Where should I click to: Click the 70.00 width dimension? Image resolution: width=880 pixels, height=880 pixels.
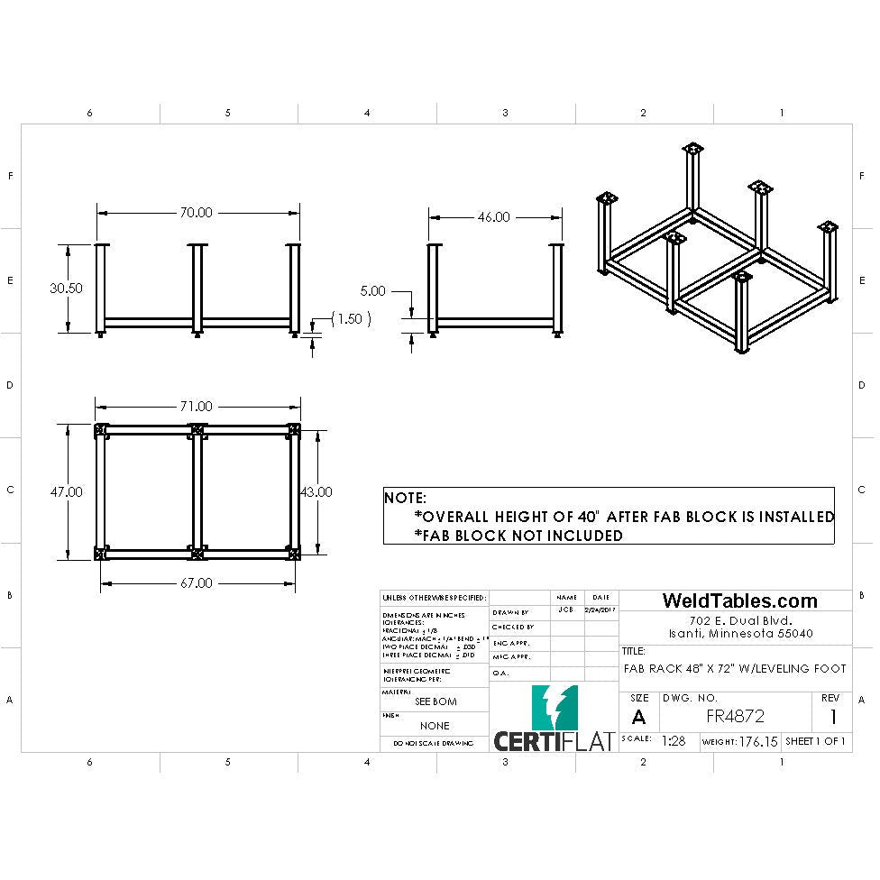196,213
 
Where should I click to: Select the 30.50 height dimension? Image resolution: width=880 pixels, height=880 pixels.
66,289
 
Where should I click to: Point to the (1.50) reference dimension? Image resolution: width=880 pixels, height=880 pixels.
352,319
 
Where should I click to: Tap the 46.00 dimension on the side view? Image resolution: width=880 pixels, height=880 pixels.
493,217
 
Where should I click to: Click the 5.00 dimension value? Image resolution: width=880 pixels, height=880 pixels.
372,291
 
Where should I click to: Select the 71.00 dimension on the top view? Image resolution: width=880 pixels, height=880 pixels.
196,407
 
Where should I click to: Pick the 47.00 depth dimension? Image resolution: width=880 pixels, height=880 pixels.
66,491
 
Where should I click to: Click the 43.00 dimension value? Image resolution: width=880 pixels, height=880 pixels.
316,491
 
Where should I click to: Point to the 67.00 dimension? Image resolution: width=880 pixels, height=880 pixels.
196,583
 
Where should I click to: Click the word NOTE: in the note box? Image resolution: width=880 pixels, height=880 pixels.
406,498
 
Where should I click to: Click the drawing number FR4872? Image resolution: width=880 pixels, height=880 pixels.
736,717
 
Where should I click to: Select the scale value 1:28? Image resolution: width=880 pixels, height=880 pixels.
674,741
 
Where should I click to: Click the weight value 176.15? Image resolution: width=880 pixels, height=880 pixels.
758,741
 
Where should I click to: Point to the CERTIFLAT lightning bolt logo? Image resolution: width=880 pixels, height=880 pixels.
555,708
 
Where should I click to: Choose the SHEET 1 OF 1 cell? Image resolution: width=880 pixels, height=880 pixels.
815,741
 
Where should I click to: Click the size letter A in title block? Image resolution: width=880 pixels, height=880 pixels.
638,718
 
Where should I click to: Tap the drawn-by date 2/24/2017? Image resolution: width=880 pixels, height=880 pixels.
600,610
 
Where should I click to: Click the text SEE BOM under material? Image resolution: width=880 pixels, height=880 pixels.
435,701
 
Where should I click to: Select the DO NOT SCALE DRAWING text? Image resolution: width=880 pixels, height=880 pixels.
435,744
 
